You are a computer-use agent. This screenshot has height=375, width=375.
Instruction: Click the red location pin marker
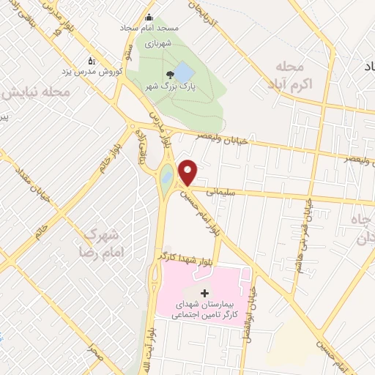coord(189,172)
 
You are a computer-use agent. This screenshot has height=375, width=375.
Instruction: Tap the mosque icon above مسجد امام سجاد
coord(149,17)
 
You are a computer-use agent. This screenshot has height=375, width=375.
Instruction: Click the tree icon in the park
coord(170,74)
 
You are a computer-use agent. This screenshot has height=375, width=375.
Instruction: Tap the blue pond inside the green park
coord(184,73)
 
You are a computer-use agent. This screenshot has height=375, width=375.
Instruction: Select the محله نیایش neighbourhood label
coord(36,94)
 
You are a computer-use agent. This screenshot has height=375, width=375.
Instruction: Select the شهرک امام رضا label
coord(103,242)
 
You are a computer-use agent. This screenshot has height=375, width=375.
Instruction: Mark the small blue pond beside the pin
coord(167,177)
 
